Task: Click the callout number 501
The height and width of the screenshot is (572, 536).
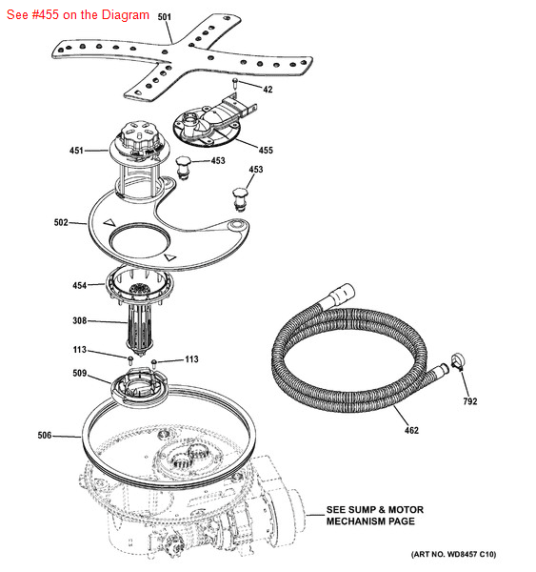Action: pyautogui.click(x=164, y=17)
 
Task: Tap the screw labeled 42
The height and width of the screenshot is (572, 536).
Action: pyautogui.click(x=235, y=83)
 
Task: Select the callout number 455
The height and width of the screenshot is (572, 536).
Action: pyautogui.click(x=266, y=151)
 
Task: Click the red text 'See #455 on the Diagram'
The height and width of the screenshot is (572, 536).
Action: pyautogui.click(x=78, y=15)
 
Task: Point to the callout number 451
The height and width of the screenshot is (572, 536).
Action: pyautogui.click(x=76, y=151)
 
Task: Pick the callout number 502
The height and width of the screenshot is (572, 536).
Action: pyautogui.click(x=61, y=222)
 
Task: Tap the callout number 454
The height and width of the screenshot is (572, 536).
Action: pyautogui.click(x=79, y=285)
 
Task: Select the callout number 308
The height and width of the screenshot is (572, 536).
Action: pyautogui.click(x=79, y=320)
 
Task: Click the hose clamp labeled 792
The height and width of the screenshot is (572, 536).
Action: pyautogui.click(x=458, y=362)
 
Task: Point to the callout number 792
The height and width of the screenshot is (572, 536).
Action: pyautogui.click(x=470, y=401)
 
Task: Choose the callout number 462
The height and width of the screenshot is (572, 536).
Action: pyautogui.click(x=411, y=431)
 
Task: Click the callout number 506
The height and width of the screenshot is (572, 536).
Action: pyautogui.click(x=45, y=436)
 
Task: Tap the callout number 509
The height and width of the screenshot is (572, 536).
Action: pyautogui.click(x=79, y=373)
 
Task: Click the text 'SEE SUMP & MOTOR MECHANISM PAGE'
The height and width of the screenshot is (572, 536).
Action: pyautogui.click(x=375, y=515)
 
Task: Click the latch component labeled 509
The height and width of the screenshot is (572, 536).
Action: pyautogui.click(x=140, y=387)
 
